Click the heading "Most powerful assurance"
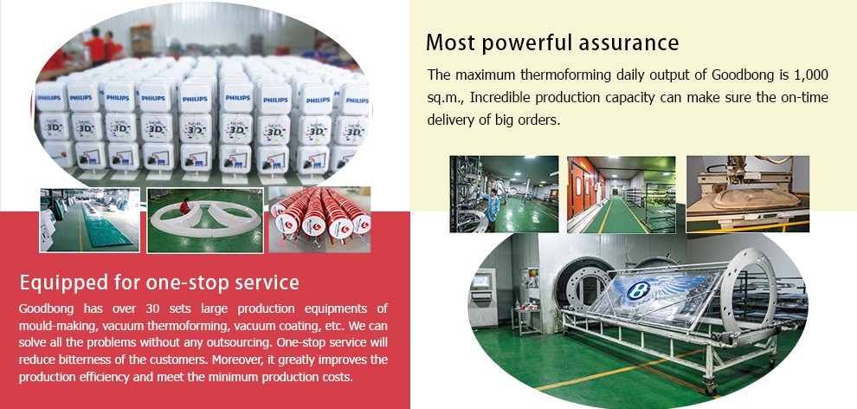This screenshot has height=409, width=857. (x=552, y=42)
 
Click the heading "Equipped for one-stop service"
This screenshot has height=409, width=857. (x=159, y=282)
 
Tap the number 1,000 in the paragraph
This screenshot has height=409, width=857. (x=810, y=75)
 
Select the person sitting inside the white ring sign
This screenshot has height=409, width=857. (x=185, y=205)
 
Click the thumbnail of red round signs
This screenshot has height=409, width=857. (x=319, y=219)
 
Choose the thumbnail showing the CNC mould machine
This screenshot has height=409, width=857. (x=748, y=194)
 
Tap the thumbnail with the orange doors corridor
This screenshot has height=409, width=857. (x=621, y=195)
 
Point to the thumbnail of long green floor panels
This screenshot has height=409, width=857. (x=90, y=220)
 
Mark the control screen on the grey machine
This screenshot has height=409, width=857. (x=481, y=281)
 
